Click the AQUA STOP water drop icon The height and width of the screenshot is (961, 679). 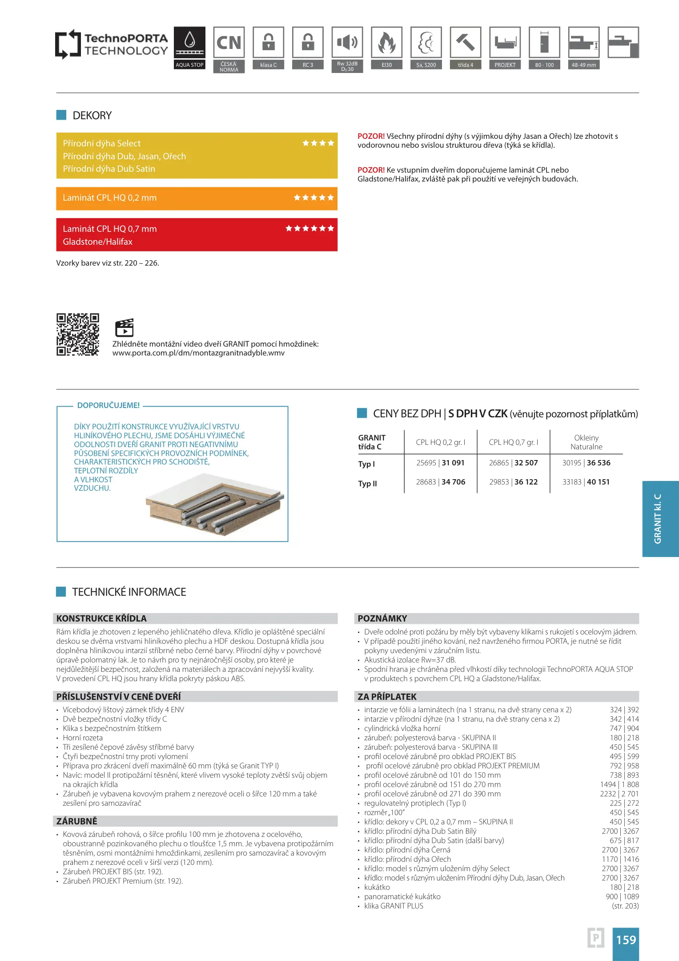click(189, 42)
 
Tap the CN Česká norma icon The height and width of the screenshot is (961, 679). click(229, 43)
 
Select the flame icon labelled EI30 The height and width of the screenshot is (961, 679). click(387, 43)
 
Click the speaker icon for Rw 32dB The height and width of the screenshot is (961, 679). click(347, 42)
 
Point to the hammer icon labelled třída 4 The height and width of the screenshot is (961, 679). click(466, 43)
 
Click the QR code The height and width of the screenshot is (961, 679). click(78, 335)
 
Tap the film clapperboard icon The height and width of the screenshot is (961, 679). click(124, 328)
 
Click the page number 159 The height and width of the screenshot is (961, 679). click(626, 940)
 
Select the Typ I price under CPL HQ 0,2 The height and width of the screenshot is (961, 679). click(440, 463)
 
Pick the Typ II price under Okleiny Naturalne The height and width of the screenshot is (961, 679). click(586, 482)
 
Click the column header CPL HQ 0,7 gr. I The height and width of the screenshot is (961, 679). click(513, 442)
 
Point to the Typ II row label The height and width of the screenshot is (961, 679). click(368, 484)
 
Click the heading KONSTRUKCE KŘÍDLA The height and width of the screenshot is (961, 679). click(101, 618)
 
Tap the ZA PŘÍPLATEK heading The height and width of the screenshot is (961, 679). click(387, 697)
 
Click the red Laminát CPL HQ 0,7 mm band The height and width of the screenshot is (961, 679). click(197, 235)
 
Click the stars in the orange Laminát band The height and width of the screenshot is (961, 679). click(313, 198)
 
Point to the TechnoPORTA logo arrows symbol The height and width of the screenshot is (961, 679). click(68, 44)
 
